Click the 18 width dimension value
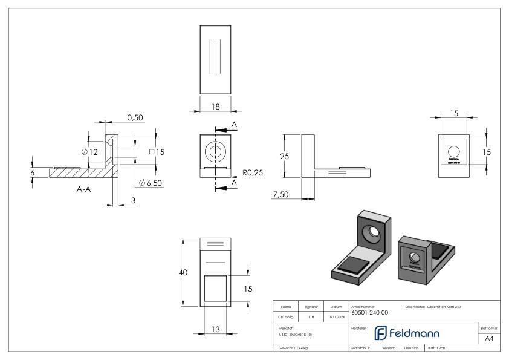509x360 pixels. pyautogui.click(x=215, y=106)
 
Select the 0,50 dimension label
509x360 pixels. pyautogui.click(x=135, y=117)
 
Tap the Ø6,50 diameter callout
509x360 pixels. pyautogui.click(x=151, y=182)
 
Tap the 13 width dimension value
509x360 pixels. pyautogui.click(x=215, y=330)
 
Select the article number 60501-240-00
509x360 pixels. pyautogui.click(x=370, y=313)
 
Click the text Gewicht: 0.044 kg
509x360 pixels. pyautogui.click(x=294, y=349)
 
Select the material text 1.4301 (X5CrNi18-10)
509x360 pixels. pyautogui.click(x=296, y=335)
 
